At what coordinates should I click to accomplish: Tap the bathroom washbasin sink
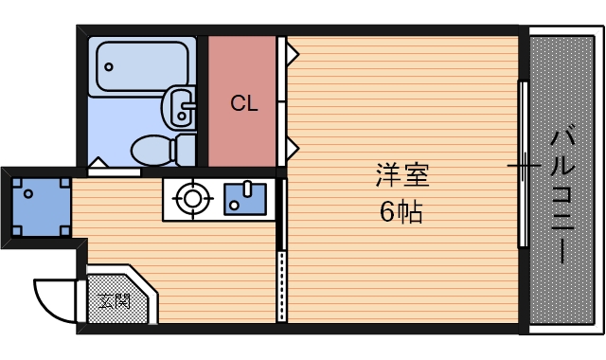pos(180,106)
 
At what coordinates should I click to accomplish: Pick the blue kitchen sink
pos(245,198)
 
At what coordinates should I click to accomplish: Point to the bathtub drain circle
pos(109,67)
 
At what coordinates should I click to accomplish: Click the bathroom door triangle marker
pos(98,162)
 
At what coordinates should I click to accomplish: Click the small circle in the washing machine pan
pos(29,194)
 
